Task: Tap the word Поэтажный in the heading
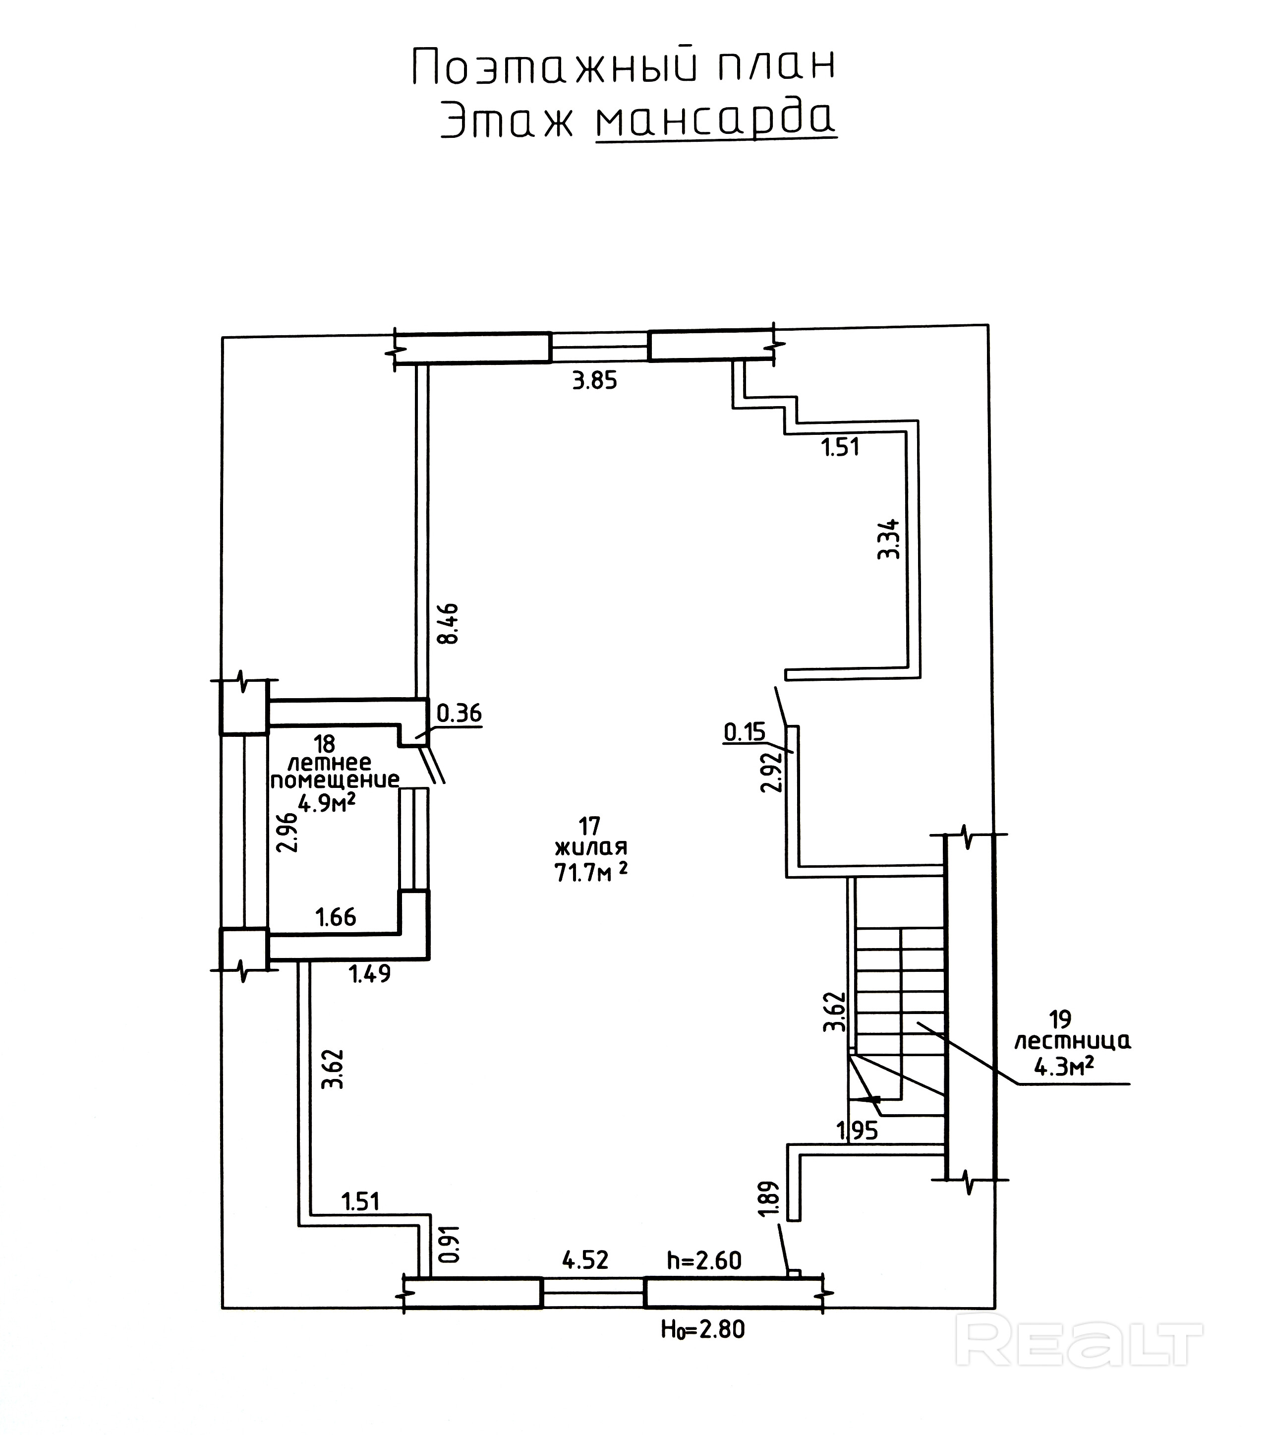554,67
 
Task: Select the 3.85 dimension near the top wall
594,381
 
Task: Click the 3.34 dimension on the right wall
889,538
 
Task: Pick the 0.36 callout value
459,714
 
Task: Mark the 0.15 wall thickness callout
745,732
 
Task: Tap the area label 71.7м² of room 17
591,873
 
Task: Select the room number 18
324,743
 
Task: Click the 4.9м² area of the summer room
326,802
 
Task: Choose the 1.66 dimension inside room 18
336,917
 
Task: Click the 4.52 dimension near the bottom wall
585,1260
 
